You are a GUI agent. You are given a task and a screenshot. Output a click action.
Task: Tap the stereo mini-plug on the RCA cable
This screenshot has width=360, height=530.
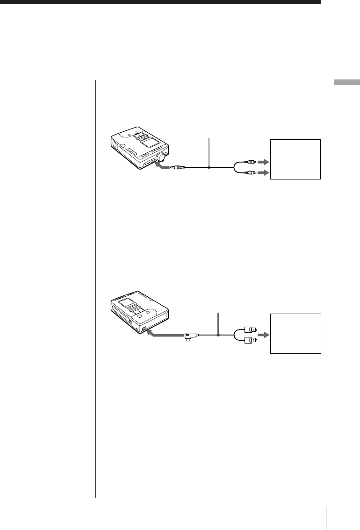(x=180, y=167)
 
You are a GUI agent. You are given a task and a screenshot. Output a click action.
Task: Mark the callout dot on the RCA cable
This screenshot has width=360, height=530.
(x=209, y=167)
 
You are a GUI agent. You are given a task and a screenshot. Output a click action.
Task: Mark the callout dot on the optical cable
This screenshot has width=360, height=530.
(x=217, y=335)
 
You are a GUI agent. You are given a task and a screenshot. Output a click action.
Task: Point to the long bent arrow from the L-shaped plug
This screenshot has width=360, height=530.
(x=164, y=335)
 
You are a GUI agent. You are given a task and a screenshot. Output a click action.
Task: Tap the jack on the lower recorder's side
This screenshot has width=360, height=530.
(x=144, y=329)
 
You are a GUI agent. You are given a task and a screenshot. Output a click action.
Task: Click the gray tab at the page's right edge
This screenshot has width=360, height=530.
(x=346, y=83)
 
